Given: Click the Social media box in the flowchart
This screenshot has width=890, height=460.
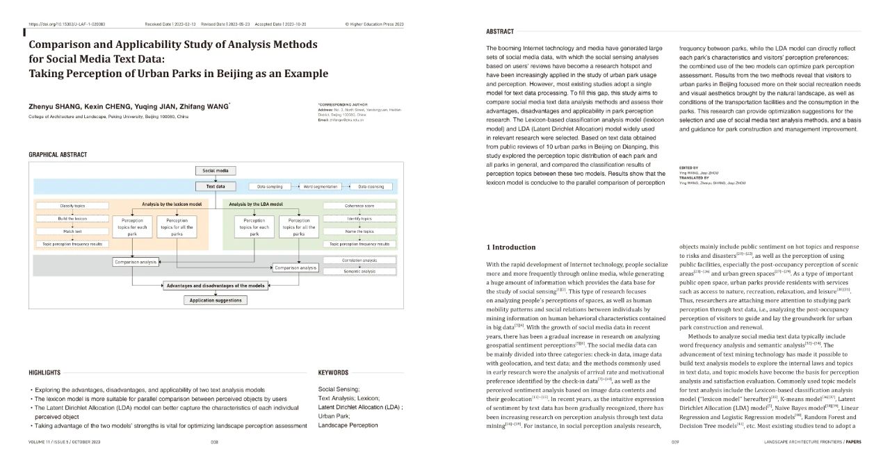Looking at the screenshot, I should (x=216, y=171).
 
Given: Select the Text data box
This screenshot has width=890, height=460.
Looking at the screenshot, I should (x=216, y=186).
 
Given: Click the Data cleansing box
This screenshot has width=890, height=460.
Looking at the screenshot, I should (x=369, y=186).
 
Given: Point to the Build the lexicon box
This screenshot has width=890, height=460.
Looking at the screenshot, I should (x=67, y=219).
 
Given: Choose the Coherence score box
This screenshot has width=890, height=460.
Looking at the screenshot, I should (x=359, y=206).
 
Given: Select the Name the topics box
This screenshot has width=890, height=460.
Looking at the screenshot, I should (x=359, y=231).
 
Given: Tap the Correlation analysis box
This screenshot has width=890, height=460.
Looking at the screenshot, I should (x=359, y=260).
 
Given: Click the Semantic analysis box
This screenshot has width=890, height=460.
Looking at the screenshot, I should (x=359, y=272).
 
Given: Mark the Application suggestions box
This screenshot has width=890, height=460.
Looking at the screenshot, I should (x=216, y=300).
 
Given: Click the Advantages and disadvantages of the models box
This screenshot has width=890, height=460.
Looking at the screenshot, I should (x=216, y=286).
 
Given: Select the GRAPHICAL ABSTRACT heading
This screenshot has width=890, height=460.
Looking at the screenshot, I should (x=58, y=154).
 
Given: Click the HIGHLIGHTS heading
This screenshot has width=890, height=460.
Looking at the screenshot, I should (x=44, y=372).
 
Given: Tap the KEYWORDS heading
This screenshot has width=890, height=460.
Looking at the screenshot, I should (x=333, y=372).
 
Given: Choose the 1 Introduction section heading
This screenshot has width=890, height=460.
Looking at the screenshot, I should (x=510, y=247).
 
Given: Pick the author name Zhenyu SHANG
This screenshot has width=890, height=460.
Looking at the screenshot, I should (x=54, y=106).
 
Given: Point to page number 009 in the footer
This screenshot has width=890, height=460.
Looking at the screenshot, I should (x=674, y=442).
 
